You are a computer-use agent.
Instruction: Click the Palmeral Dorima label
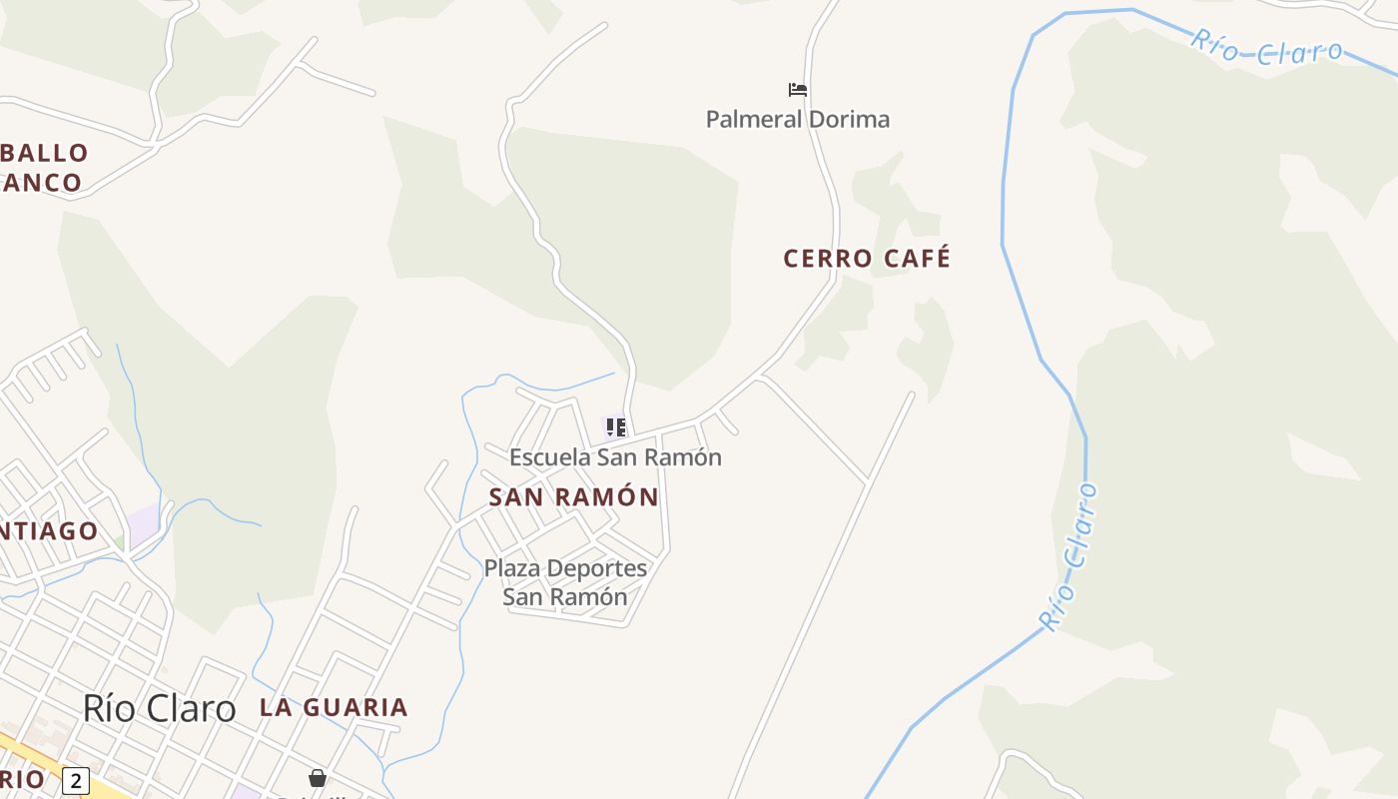[x=797, y=119]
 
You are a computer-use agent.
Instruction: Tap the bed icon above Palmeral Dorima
[x=797, y=90]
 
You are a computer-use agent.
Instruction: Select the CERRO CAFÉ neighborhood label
[x=867, y=259]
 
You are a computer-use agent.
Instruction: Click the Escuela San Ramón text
[x=615, y=457]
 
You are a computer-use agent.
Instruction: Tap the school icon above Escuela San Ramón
[x=616, y=427]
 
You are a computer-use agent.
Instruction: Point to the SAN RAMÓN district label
[x=574, y=496]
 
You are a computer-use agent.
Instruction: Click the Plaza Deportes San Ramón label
[x=565, y=582]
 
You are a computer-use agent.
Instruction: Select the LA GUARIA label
[x=334, y=707]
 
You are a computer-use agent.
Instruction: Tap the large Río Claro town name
[x=159, y=708]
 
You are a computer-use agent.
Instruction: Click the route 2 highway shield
[x=75, y=780]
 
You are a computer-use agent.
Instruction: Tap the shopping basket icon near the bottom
[x=318, y=777]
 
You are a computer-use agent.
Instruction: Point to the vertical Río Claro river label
[x=1068, y=556]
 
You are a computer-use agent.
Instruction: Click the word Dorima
[x=849, y=119]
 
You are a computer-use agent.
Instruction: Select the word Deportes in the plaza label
[x=597, y=568]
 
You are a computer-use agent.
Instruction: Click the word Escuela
[x=549, y=457]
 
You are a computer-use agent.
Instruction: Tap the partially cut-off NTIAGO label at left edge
[x=49, y=530]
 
